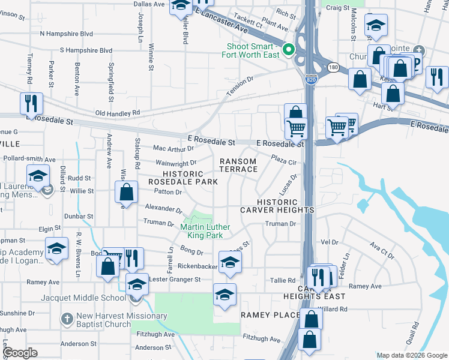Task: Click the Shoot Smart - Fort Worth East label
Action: coord(252,51)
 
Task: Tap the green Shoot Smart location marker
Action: coord(289,50)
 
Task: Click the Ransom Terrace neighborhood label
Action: coord(238,166)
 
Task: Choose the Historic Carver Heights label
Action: coord(277,206)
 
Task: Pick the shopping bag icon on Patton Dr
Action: coord(127,193)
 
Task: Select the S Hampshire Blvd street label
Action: coord(86,50)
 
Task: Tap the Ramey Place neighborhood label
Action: coord(270,315)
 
